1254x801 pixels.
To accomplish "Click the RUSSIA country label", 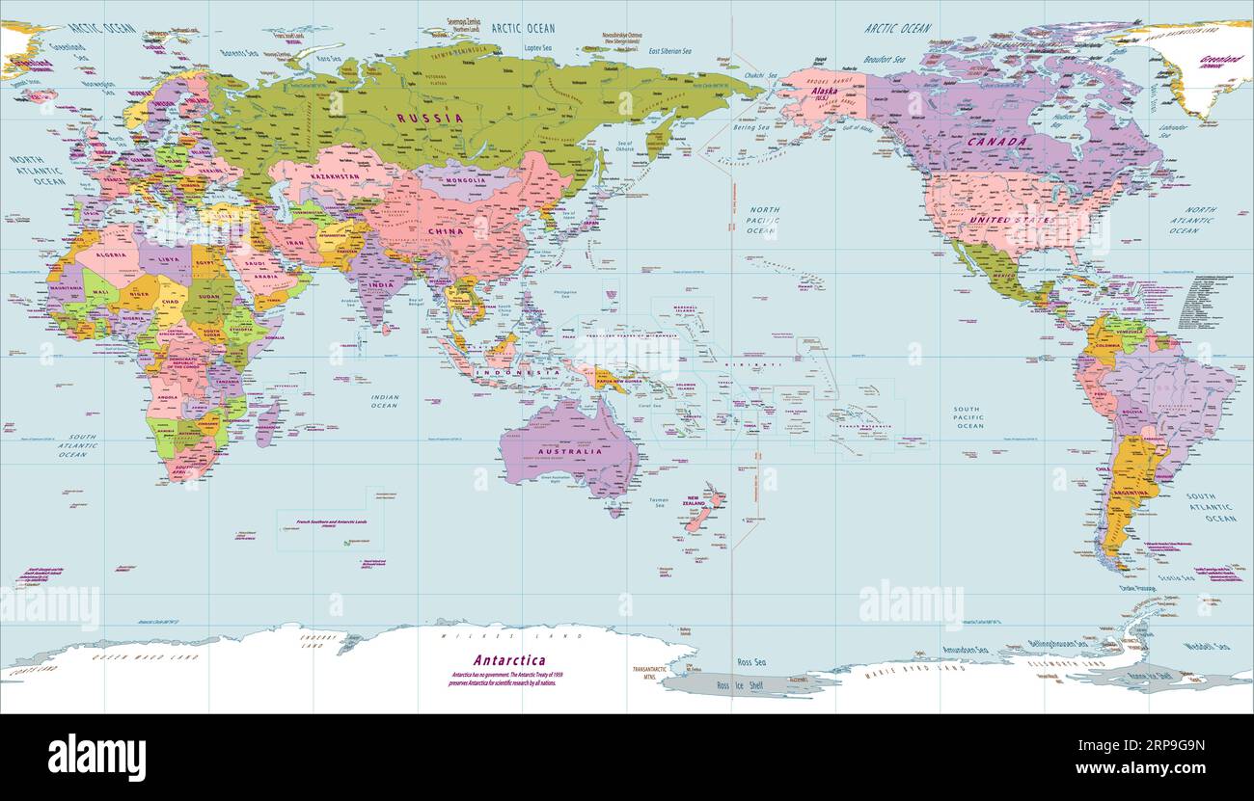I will click(429, 118).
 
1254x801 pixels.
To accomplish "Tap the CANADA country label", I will click(997, 142).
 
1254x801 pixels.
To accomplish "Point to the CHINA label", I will click(446, 231).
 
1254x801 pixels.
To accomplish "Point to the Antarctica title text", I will click(508, 660).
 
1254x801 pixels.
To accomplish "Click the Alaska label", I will click(824, 92).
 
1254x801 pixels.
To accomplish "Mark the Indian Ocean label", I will click(384, 400).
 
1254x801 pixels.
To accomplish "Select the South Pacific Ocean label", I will click(968, 417).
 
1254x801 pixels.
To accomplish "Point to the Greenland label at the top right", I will click(1219, 60).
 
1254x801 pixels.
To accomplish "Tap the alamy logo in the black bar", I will click(96, 757).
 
